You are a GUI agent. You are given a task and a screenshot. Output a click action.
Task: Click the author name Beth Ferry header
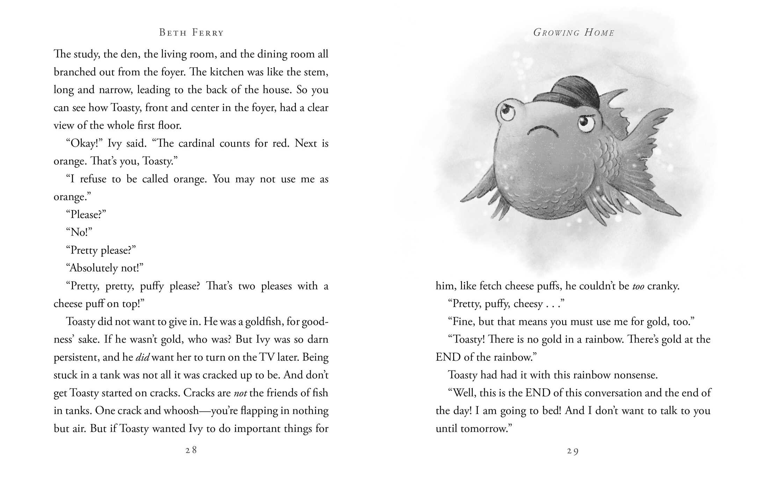(x=191, y=33)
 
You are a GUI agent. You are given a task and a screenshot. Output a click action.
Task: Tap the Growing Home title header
(x=573, y=33)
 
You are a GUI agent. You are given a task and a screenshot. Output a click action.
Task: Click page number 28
(x=191, y=450)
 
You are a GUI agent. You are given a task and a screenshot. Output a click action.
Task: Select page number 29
(x=573, y=451)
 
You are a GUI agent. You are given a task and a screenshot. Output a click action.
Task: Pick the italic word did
(x=142, y=357)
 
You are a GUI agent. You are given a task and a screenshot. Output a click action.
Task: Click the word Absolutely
(x=94, y=268)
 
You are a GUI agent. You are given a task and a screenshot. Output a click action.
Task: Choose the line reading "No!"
(x=79, y=232)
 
